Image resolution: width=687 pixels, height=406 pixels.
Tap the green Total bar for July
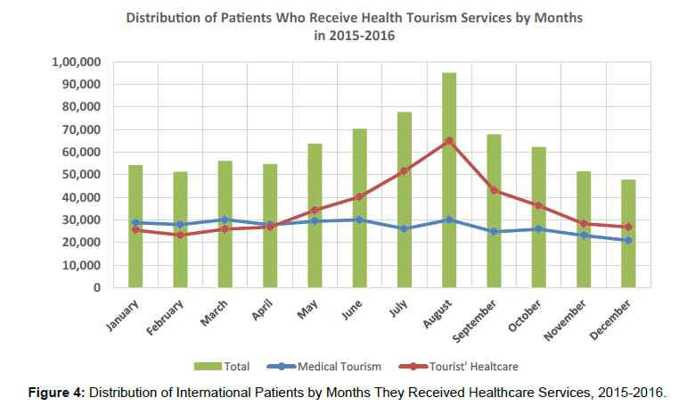pos(405,200)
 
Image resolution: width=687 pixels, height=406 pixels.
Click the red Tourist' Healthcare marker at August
pos(449,140)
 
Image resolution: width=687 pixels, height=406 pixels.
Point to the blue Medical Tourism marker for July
pos(405,228)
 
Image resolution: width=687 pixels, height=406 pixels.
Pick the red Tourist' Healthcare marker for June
pos(359,196)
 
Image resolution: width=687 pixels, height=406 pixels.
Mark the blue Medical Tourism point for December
pos(629,240)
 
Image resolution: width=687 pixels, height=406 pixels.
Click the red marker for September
pos(495,190)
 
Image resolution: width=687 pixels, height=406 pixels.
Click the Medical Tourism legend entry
pos(331,366)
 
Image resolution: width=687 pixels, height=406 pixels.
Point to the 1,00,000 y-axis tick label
pos(75,62)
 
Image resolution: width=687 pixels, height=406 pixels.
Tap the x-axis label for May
pos(307,307)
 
